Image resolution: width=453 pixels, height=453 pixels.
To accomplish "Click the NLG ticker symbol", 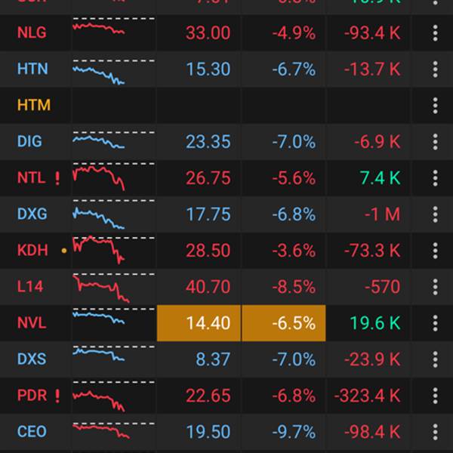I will click(x=31, y=32).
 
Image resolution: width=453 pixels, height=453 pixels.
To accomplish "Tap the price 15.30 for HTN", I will click(x=208, y=69).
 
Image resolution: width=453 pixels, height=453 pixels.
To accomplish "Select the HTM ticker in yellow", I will click(x=33, y=105).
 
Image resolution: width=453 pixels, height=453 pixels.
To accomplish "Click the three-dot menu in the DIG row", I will click(x=435, y=141).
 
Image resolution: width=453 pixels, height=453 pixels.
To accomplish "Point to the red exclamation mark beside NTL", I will click(x=57, y=178).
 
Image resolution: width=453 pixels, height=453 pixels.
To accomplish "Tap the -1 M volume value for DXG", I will click(x=382, y=214).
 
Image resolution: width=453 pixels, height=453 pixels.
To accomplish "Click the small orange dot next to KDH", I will click(x=64, y=249).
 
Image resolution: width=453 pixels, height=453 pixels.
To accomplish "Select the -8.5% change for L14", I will click(x=294, y=287).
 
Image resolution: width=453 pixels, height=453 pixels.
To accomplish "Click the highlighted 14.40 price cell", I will click(x=199, y=323).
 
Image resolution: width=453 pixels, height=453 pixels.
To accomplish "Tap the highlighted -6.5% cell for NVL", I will click(x=283, y=323).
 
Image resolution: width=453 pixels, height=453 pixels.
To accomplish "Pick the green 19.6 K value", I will click(x=375, y=323).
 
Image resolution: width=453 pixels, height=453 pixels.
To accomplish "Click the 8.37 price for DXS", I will click(x=213, y=359).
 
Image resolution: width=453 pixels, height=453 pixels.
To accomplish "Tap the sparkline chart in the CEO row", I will click(x=101, y=432).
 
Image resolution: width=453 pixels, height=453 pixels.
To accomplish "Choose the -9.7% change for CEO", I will click(x=294, y=432).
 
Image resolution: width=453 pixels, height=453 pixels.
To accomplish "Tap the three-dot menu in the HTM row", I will click(x=435, y=105).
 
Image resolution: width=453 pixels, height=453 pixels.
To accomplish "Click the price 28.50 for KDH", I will click(x=208, y=251).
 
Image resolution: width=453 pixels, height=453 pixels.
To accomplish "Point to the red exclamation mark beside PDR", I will click(x=57, y=396).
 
